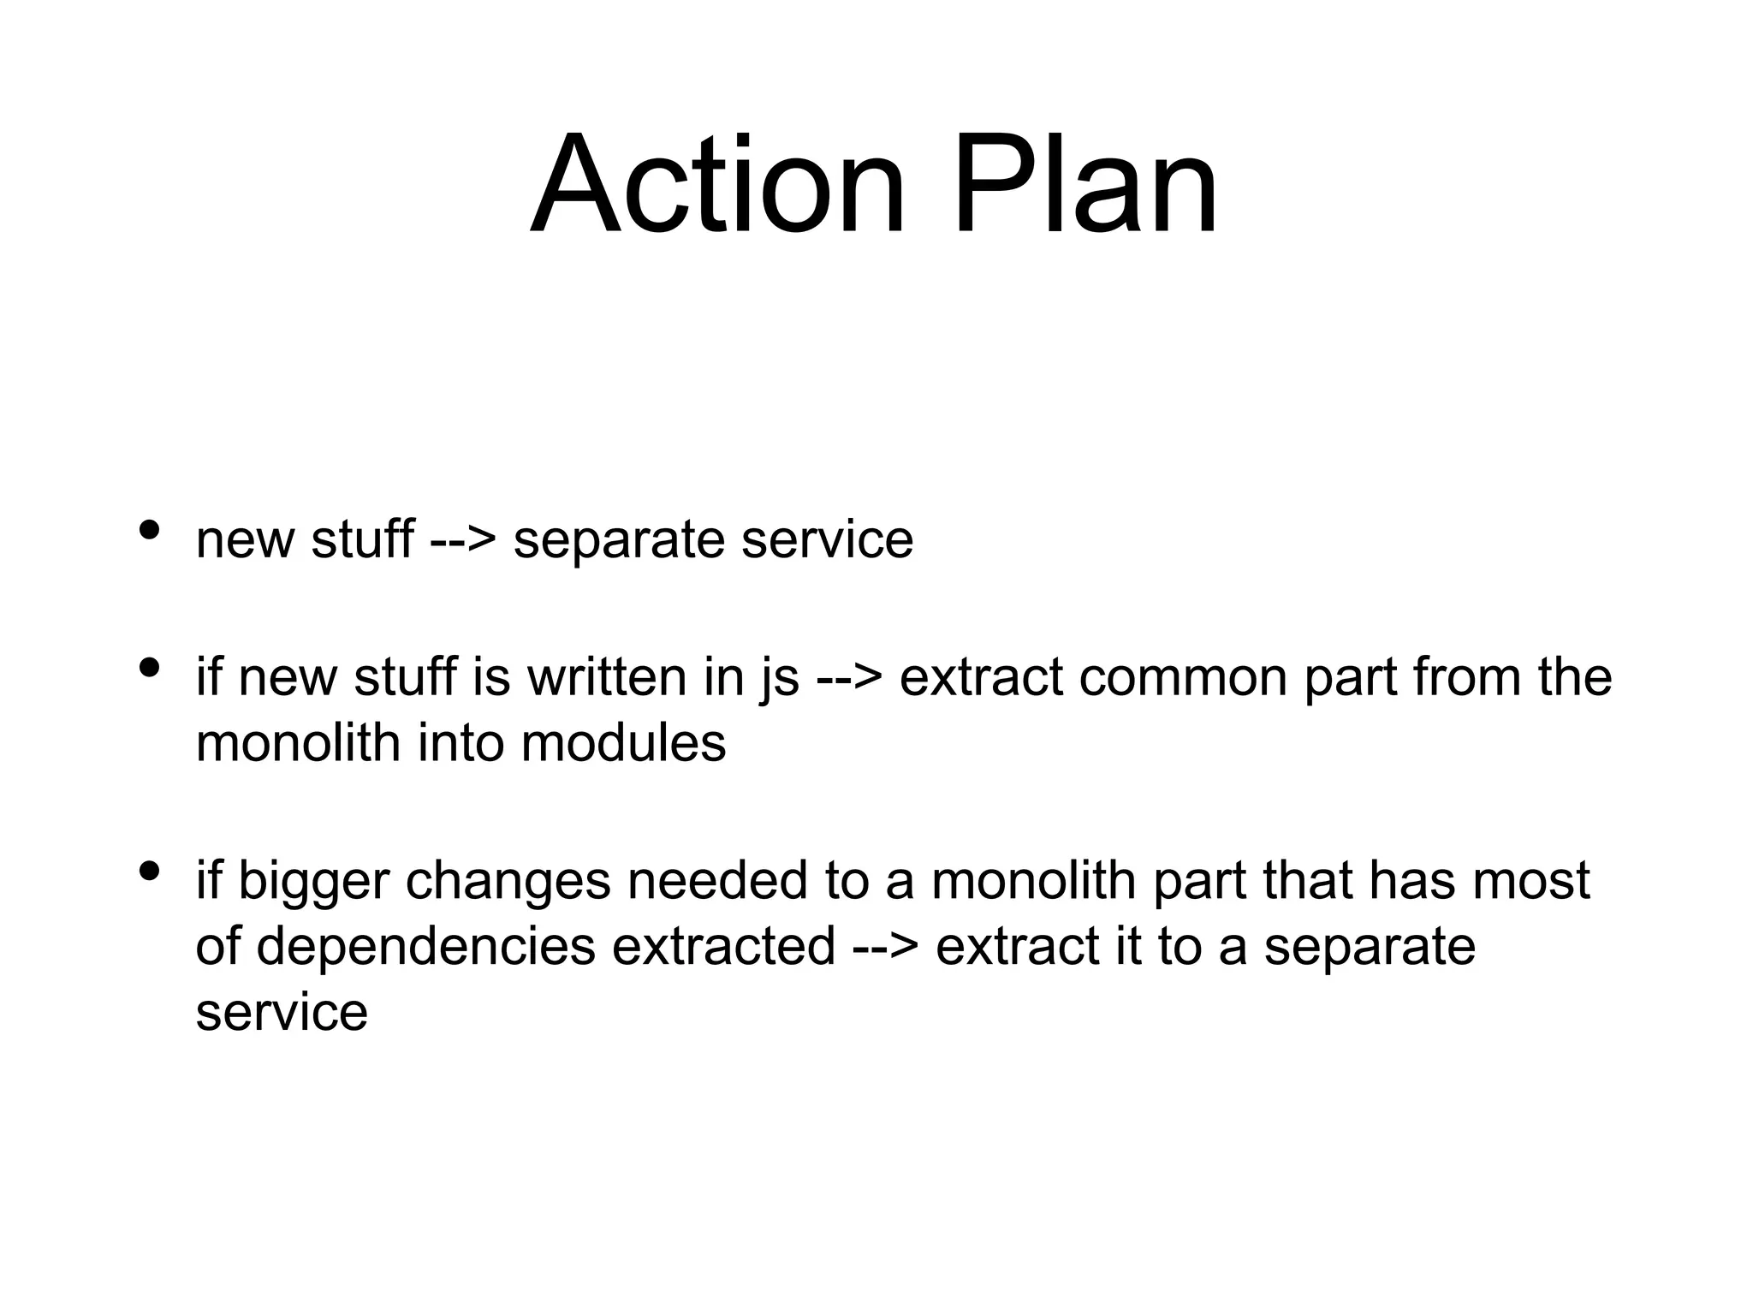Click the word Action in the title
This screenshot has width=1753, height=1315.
click(717, 184)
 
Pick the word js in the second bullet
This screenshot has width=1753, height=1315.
click(779, 678)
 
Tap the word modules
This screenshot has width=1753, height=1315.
click(623, 743)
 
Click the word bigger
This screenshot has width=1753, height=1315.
click(312, 882)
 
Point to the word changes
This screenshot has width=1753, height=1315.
click(508, 882)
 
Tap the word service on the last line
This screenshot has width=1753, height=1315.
click(282, 1014)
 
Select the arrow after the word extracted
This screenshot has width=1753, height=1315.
click(885, 949)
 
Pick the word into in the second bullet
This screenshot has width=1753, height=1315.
click(460, 743)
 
